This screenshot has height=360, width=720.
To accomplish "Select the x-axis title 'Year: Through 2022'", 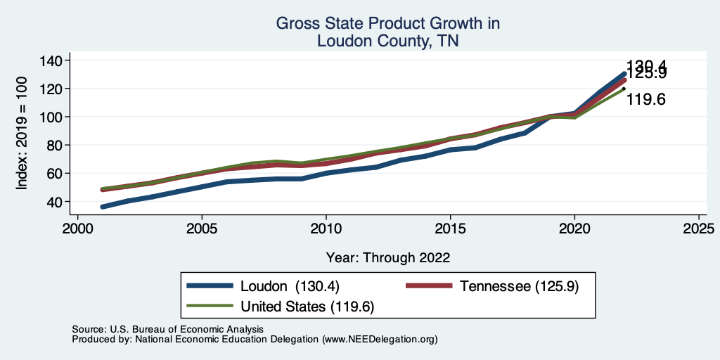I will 387,257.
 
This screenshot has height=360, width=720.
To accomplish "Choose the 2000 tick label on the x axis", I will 78,229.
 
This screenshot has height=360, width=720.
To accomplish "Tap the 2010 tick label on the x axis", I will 326,229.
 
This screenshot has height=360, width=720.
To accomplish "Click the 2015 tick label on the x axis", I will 450,229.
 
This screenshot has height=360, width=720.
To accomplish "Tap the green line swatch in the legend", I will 210,306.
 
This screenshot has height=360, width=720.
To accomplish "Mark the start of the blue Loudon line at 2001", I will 103,207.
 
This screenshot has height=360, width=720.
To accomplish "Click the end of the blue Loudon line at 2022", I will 624,74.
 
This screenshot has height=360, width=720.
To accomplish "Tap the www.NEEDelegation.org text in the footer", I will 380,339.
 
